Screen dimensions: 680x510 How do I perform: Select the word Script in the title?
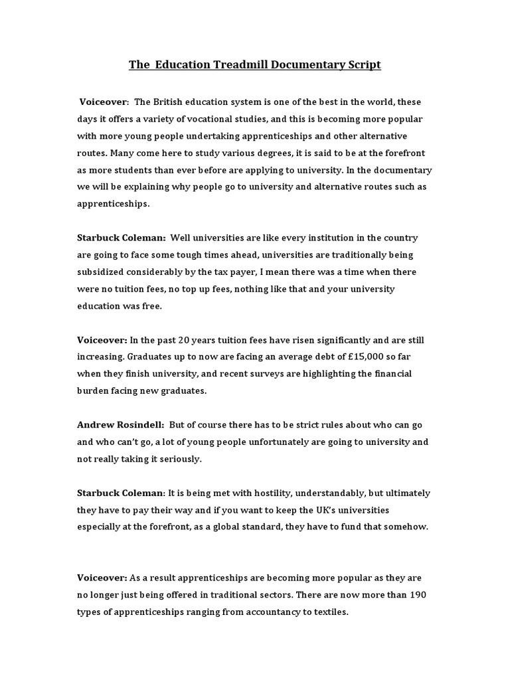click(361, 65)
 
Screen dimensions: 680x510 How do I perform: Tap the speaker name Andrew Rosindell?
click(121, 425)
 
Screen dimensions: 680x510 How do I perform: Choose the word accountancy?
click(258, 612)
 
